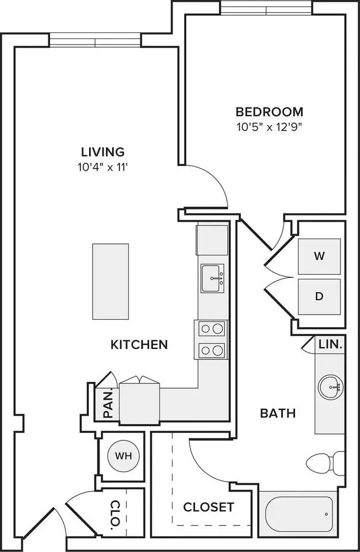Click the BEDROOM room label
point(270,112)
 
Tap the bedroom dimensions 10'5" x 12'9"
point(270,126)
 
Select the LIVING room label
point(103,152)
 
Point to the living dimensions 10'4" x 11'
point(102,167)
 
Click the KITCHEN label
point(139,344)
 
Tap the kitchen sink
point(212,278)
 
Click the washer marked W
point(319,256)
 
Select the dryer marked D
point(319,297)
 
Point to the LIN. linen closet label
point(331,344)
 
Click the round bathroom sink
point(331,387)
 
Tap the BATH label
point(278,413)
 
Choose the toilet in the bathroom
point(325,462)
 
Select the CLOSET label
point(209,507)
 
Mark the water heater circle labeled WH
point(123,456)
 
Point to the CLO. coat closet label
point(115,515)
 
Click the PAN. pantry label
point(109,404)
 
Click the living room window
point(95,40)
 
